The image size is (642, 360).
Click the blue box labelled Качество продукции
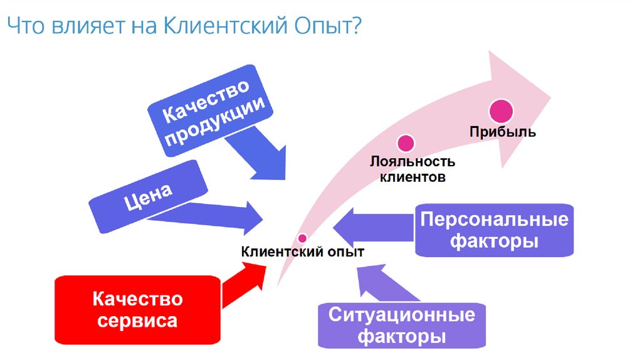[208, 111]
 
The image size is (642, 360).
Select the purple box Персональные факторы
[494, 230]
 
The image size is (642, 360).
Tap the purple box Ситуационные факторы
[402, 325]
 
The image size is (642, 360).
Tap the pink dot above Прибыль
[502, 111]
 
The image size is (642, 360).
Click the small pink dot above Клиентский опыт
[302, 238]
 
